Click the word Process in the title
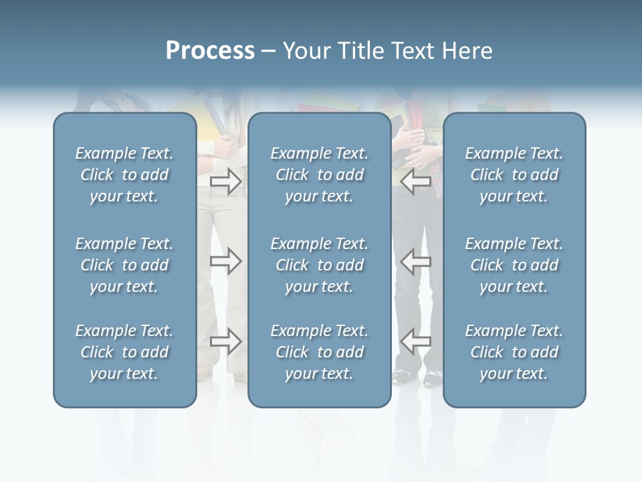point(210,51)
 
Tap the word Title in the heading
point(360,51)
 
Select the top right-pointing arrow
point(226,181)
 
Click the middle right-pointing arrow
point(226,260)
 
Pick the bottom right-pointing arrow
point(226,341)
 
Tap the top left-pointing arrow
point(415,181)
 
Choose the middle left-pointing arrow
point(415,260)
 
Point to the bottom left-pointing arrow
point(415,341)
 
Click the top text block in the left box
point(124,175)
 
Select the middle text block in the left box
point(124,265)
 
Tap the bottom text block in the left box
point(124,352)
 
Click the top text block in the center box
point(319,175)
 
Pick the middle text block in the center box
point(319,265)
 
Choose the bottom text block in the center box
point(319,352)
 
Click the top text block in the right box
point(514,175)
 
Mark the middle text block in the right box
point(514,265)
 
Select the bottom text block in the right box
point(514,352)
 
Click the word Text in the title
point(413,51)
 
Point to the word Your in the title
point(306,51)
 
